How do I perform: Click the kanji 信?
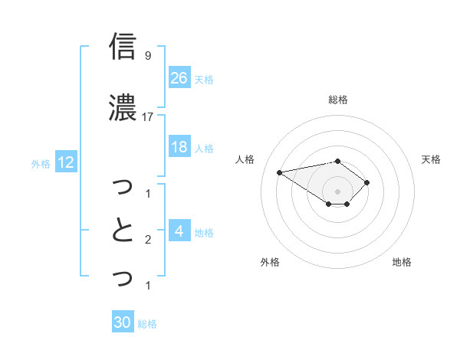(x=123, y=46)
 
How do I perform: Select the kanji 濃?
(x=123, y=107)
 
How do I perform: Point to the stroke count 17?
(x=149, y=117)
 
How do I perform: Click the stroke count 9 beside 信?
(x=148, y=56)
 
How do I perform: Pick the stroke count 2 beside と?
(x=148, y=240)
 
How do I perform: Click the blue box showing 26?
(x=179, y=77)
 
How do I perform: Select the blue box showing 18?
(x=179, y=147)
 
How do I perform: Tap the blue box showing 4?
(x=179, y=231)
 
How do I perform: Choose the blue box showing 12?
(x=65, y=162)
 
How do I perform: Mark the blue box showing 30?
(x=123, y=322)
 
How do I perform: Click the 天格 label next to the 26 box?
(x=204, y=79)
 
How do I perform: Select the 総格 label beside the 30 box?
(x=147, y=324)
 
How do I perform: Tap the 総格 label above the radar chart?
(x=338, y=100)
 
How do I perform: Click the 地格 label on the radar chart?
(x=402, y=262)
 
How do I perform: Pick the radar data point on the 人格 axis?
(x=279, y=172)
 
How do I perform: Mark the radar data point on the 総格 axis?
(x=338, y=161)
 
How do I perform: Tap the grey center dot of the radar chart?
(x=338, y=191)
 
